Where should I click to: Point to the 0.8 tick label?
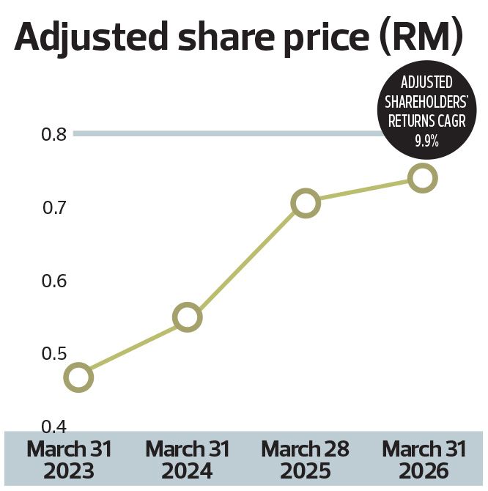click(x=53, y=134)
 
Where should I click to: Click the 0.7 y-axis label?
click(x=54, y=207)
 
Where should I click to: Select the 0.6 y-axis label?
click(x=53, y=281)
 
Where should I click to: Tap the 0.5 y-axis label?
click(x=53, y=354)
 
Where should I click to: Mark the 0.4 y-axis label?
click(x=53, y=427)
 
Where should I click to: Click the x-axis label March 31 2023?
click(x=69, y=459)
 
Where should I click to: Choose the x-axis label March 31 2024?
click(x=187, y=459)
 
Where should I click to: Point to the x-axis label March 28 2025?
click(x=305, y=459)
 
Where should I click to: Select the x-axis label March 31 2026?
click(x=424, y=459)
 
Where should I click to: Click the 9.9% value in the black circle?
click(x=426, y=141)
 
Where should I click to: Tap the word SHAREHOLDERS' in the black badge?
click(x=426, y=102)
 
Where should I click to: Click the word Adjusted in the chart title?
click(x=91, y=37)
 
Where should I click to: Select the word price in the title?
click(x=327, y=39)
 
